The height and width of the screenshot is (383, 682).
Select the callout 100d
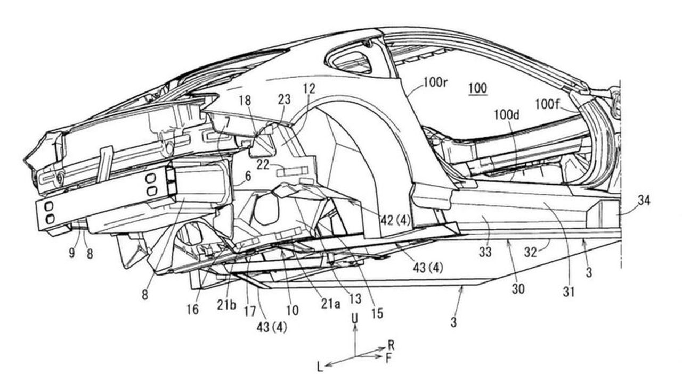coord(508,114)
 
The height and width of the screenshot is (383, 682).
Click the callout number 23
coord(284,99)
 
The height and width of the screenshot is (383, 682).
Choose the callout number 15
coord(377,314)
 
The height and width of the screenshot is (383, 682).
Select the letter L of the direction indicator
coord(319,367)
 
